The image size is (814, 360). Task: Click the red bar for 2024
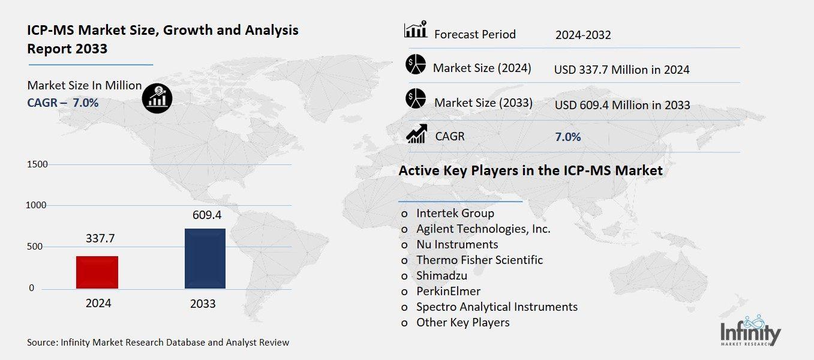tap(97, 272)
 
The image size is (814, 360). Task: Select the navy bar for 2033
tap(205, 259)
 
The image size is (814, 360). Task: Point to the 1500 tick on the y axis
tap(37, 164)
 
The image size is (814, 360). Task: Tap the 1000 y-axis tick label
tap(37, 205)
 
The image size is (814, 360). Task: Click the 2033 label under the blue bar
tap(203, 304)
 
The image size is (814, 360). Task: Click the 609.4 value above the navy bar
tap(203, 214)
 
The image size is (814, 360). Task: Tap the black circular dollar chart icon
tap(157, 97)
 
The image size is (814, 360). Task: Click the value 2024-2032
tap(583, 35)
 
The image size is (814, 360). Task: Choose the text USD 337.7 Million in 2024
tap(621, 70)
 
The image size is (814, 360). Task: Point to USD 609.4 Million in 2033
tap(622, 106)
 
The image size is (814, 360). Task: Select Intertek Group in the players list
tap(455, 213)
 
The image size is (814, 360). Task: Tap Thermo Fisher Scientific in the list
tap(479, 260)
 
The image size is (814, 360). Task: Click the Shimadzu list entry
tap(441, 275)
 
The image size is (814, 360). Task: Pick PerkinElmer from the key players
tap(448, 291)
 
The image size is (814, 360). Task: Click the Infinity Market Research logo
tap(750, 331)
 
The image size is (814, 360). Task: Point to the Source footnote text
tap(158, 343)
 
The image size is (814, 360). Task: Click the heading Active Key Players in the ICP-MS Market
tap(530, 171)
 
